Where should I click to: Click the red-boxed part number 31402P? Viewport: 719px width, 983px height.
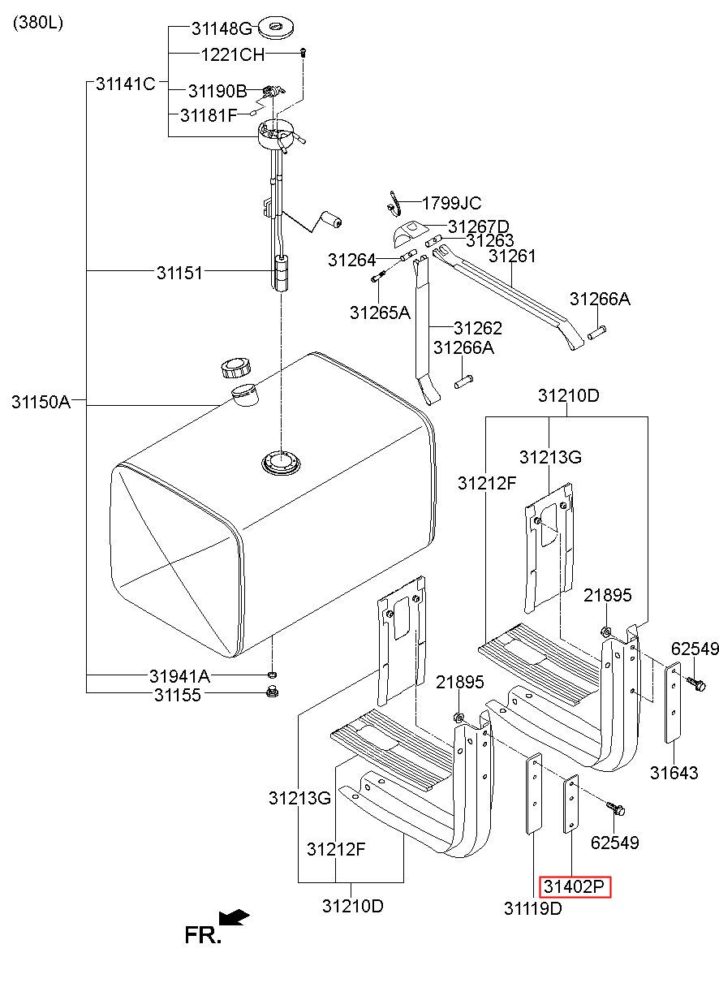574,887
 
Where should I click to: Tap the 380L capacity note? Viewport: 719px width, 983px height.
38,23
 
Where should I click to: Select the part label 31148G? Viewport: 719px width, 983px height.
222,29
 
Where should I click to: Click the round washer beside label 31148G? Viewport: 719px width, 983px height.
276,28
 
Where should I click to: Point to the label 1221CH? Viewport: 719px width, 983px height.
233,55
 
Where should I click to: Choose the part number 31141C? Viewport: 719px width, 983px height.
126,84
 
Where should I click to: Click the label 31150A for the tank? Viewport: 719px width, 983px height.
41,402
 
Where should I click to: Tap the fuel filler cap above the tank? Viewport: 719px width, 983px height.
236,369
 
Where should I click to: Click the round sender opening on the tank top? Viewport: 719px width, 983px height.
282,462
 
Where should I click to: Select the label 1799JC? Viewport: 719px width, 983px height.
452,203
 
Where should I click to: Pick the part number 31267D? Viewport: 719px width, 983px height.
479,227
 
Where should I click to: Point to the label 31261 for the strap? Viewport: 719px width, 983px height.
512,256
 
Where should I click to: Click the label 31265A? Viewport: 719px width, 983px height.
381,313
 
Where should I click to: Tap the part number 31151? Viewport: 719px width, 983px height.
180,273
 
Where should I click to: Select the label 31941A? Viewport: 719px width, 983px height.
180,676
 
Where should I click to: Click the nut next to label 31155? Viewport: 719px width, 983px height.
273,692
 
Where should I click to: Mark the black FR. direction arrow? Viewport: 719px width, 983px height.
235,917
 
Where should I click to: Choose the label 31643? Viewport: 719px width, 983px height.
674,773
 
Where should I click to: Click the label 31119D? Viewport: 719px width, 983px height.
533,908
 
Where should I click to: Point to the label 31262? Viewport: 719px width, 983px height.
478,328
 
